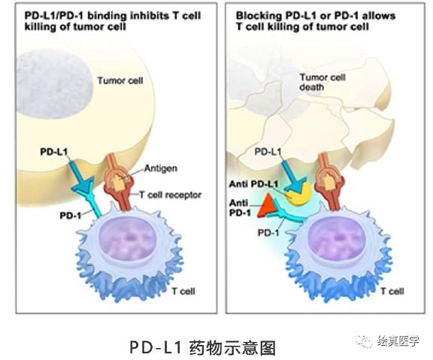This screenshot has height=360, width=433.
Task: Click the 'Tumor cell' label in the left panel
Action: (120, 80)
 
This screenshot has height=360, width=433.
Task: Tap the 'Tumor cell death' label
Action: (322, 82)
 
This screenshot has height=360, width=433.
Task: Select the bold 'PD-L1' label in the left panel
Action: (53, 152)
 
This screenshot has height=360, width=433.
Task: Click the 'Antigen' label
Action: (161, 168)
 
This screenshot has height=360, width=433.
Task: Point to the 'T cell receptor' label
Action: (170, 195)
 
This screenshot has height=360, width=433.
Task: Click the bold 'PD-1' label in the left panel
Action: (71, 216)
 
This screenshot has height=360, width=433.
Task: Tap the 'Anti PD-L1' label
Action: (253, 184)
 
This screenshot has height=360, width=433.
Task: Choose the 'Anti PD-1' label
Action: (240, 208)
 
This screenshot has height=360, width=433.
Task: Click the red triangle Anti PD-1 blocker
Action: (266, 206)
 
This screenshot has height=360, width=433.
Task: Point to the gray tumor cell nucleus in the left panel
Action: (54, 84)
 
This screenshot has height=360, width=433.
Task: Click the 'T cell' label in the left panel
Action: (183, 291)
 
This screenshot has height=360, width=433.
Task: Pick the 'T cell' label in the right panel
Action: (392, 291)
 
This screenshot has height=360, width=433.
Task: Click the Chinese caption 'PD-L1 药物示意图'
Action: (203, 347)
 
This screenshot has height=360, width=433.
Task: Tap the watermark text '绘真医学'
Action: (398, 341)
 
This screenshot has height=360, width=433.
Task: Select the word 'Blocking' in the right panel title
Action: (259, 16)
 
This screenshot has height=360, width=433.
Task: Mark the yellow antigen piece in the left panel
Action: (120, 183)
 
